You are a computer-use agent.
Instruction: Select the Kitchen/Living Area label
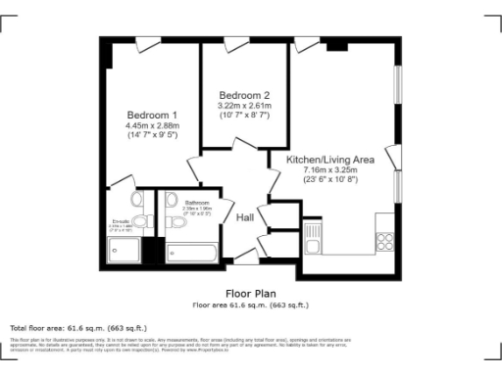[x=330, y=160]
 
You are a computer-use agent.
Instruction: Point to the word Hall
[x=245, y=218]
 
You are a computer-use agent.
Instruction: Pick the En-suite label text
[x=122, y=221]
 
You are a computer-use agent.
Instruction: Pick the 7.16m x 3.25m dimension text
[x=330, y=171]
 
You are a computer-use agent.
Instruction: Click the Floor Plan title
[x=250, y=293]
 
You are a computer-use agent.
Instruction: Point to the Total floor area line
[x=77, y=327]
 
